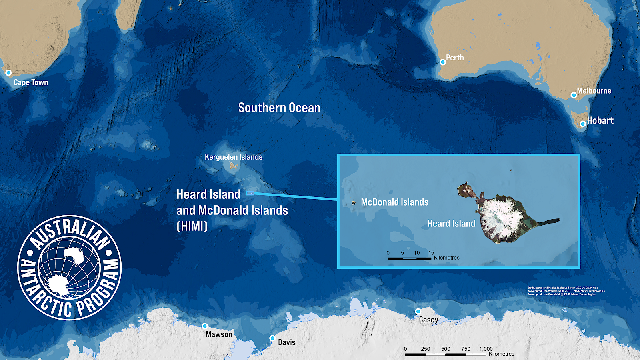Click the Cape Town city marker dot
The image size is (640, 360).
(x=8, y=73)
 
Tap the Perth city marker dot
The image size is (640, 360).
(x=443, y=62)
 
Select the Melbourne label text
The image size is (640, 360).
(x=594, y=91)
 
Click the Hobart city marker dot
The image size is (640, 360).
(x=583, y=124)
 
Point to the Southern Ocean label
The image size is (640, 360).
(x=279, y=108)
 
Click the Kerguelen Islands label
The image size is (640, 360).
(x=234, y=157)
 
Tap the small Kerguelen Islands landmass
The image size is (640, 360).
(x=234, y=165)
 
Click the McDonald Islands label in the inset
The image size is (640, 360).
(x=394, y=202)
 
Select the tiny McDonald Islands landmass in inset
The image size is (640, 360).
(x=354, y=202)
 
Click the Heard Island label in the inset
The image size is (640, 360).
(x=451, y=223)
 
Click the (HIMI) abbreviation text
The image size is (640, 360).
(x=192, y=226)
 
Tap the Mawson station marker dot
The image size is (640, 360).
(x=205, y=326)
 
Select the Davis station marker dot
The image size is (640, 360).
(x=272, y=338)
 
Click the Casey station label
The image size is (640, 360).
(x=428, y=320)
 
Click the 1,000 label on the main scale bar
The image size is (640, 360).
(x=486, y=349)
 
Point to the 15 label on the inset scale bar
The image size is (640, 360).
(x=431, y=253)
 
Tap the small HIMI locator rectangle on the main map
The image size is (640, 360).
(x=250, y=193)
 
